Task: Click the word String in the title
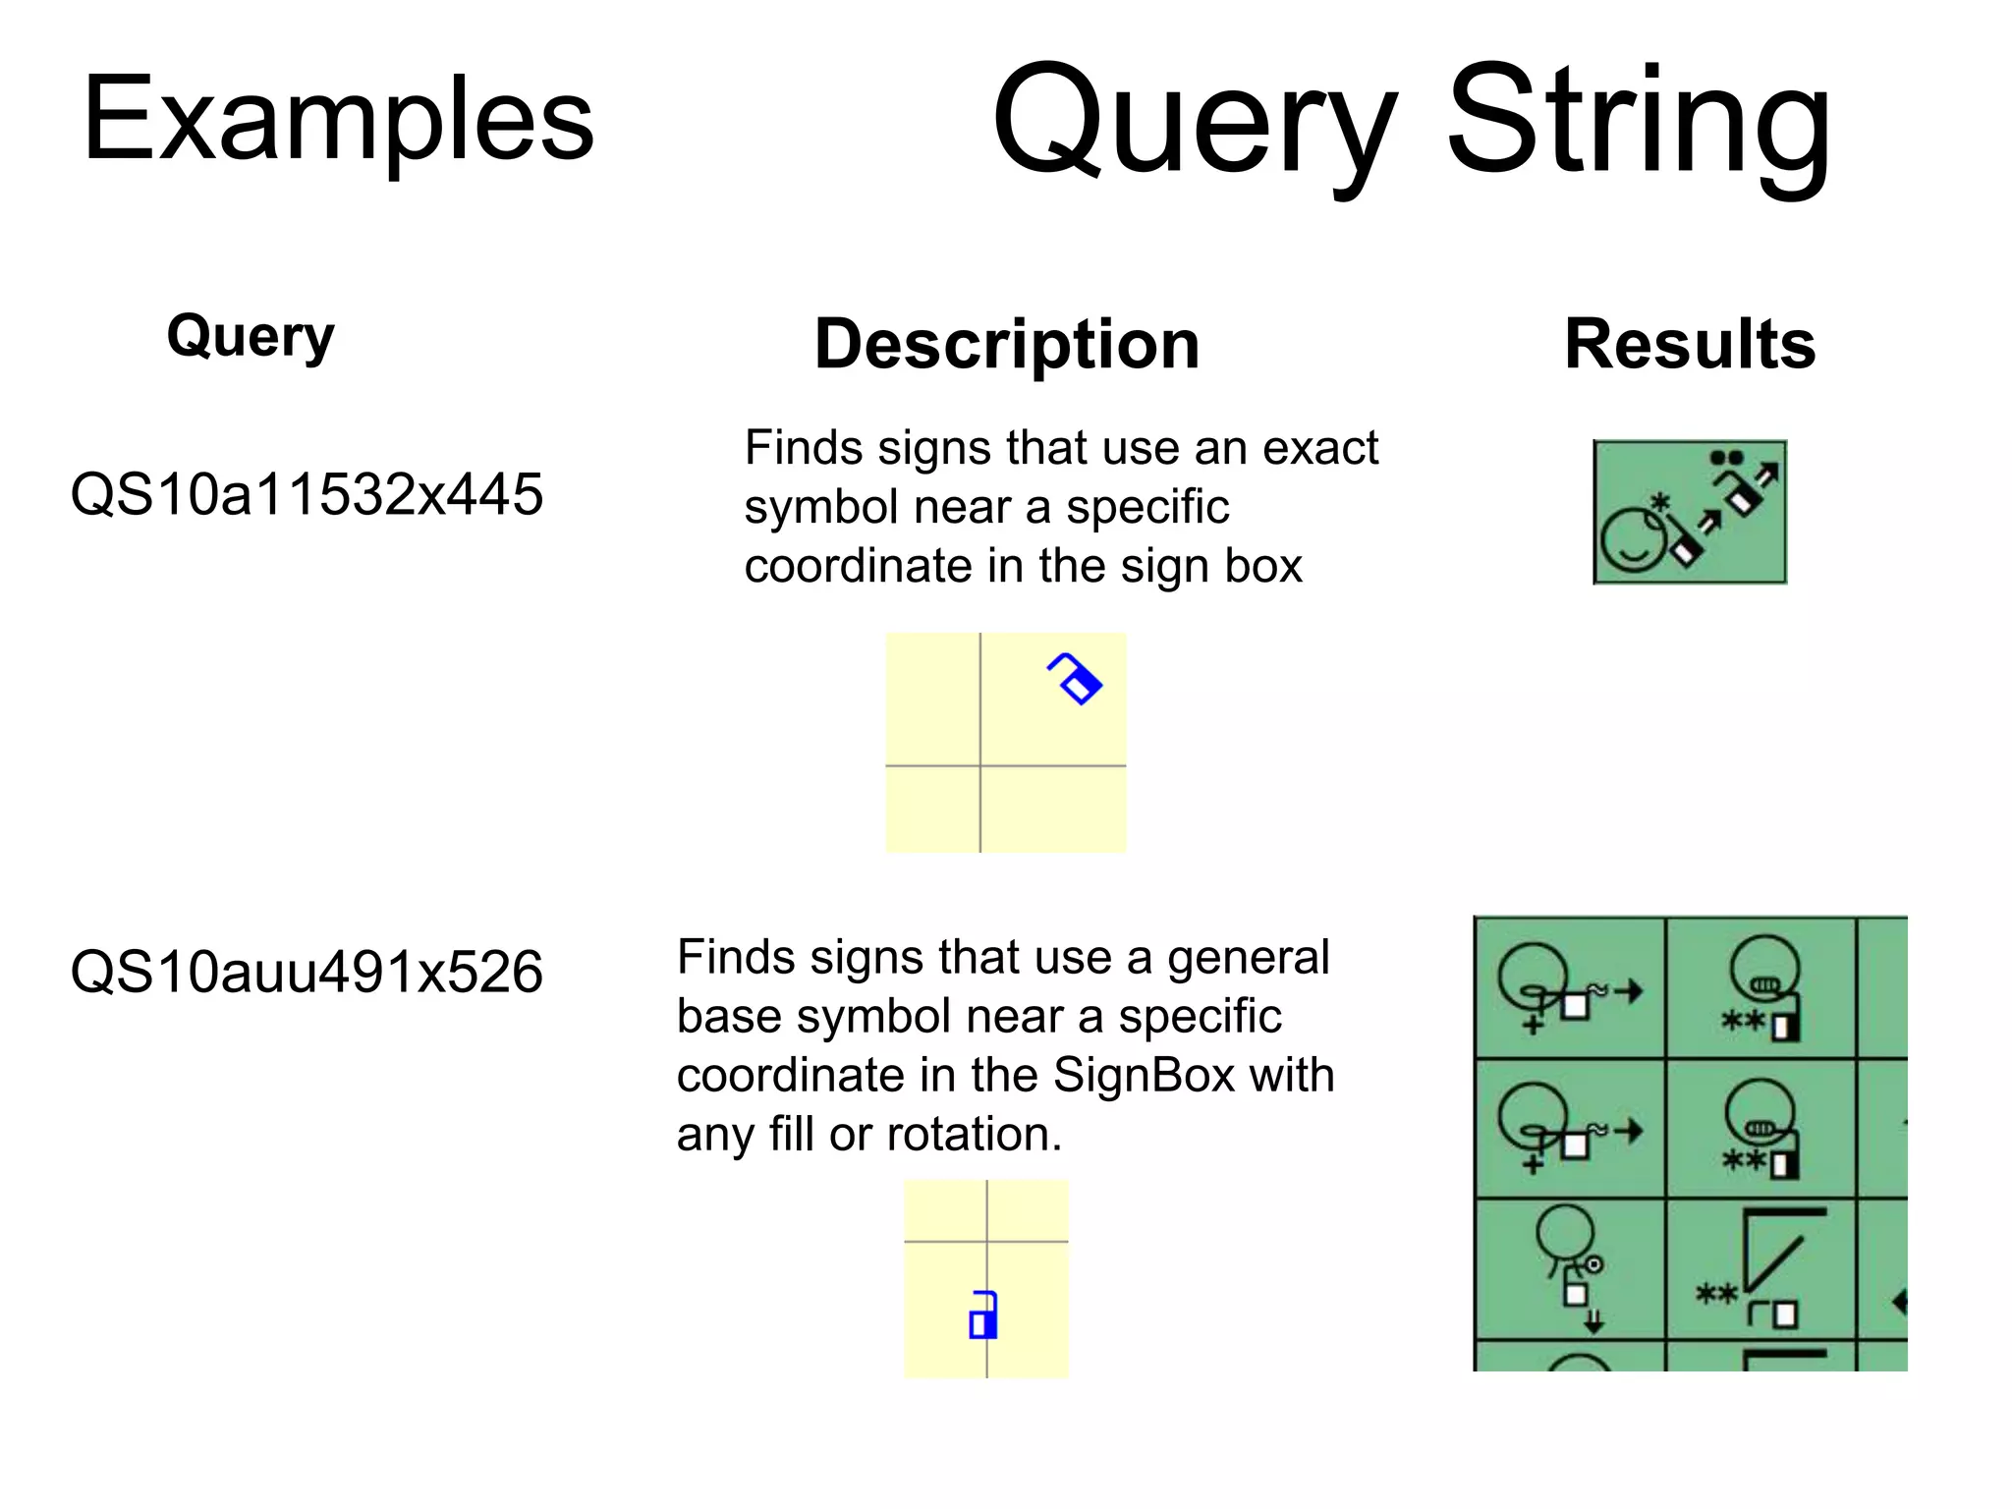click(x=1638, y=122)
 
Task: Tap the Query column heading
click(x=251, y=336)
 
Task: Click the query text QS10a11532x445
click(x=307, y=494)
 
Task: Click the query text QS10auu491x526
click(x=307, y=973)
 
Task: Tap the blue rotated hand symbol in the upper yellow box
click(x=1075, y=678)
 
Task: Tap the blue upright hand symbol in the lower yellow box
click(x=983, y=1315)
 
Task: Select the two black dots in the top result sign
click(x=1726, y=458)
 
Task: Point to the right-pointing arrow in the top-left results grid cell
click(x=1628, y=991)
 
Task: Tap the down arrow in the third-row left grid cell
click(x=1593, y=1320)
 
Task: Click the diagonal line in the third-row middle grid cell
click(x=1774, y=1263)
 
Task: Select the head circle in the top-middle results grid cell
click(x=1764, y=963)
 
